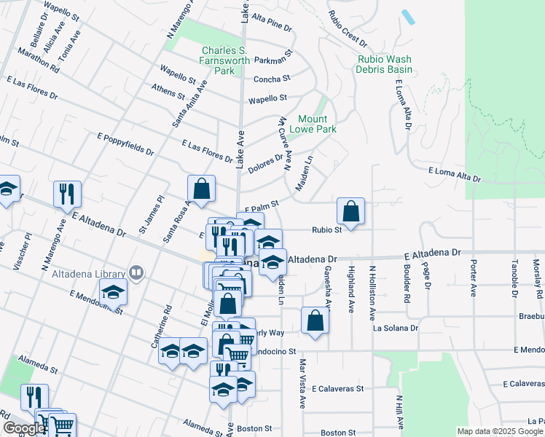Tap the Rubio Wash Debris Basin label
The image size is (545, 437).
pyautogui.click(x=384, y=65)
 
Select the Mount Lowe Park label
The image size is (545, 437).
pyautogui.click(x=313, y=124)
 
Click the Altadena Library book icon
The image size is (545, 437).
pyautogui.click(x=136, y=272)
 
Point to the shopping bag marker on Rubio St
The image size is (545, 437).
pyautogui.click(x=351, y=212)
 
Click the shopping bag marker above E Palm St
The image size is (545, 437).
pyautogui.click(x=202, y=189)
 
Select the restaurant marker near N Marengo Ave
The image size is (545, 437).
pyautogui.click(x=66, y=194)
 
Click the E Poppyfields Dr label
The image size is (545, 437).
pyautogui.click(x=125, y=144)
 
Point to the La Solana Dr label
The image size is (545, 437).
pyautogui.click(x=396, y=328)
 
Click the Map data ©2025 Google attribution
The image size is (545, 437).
pyautogui.click(x=500, y=431)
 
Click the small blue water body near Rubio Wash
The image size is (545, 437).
pyautogui.click(x=408, y=17)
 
